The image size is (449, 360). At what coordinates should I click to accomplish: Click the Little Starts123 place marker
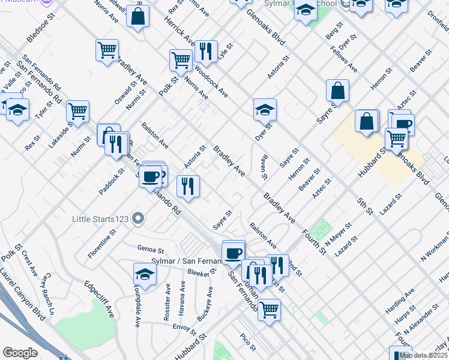click(138, 218)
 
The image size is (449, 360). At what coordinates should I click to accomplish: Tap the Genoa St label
click(150, 249)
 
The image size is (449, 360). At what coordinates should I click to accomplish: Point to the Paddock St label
click(112, 181)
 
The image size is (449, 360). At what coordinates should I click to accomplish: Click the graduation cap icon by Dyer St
click(265, 109)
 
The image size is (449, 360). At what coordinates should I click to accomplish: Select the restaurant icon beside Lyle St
click(206, 51)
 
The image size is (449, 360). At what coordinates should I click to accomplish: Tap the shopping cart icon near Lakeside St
click(77, 110)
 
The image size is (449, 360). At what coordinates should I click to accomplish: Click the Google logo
click(20, 353)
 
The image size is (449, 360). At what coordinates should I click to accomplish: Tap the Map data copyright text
click(423, 355)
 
